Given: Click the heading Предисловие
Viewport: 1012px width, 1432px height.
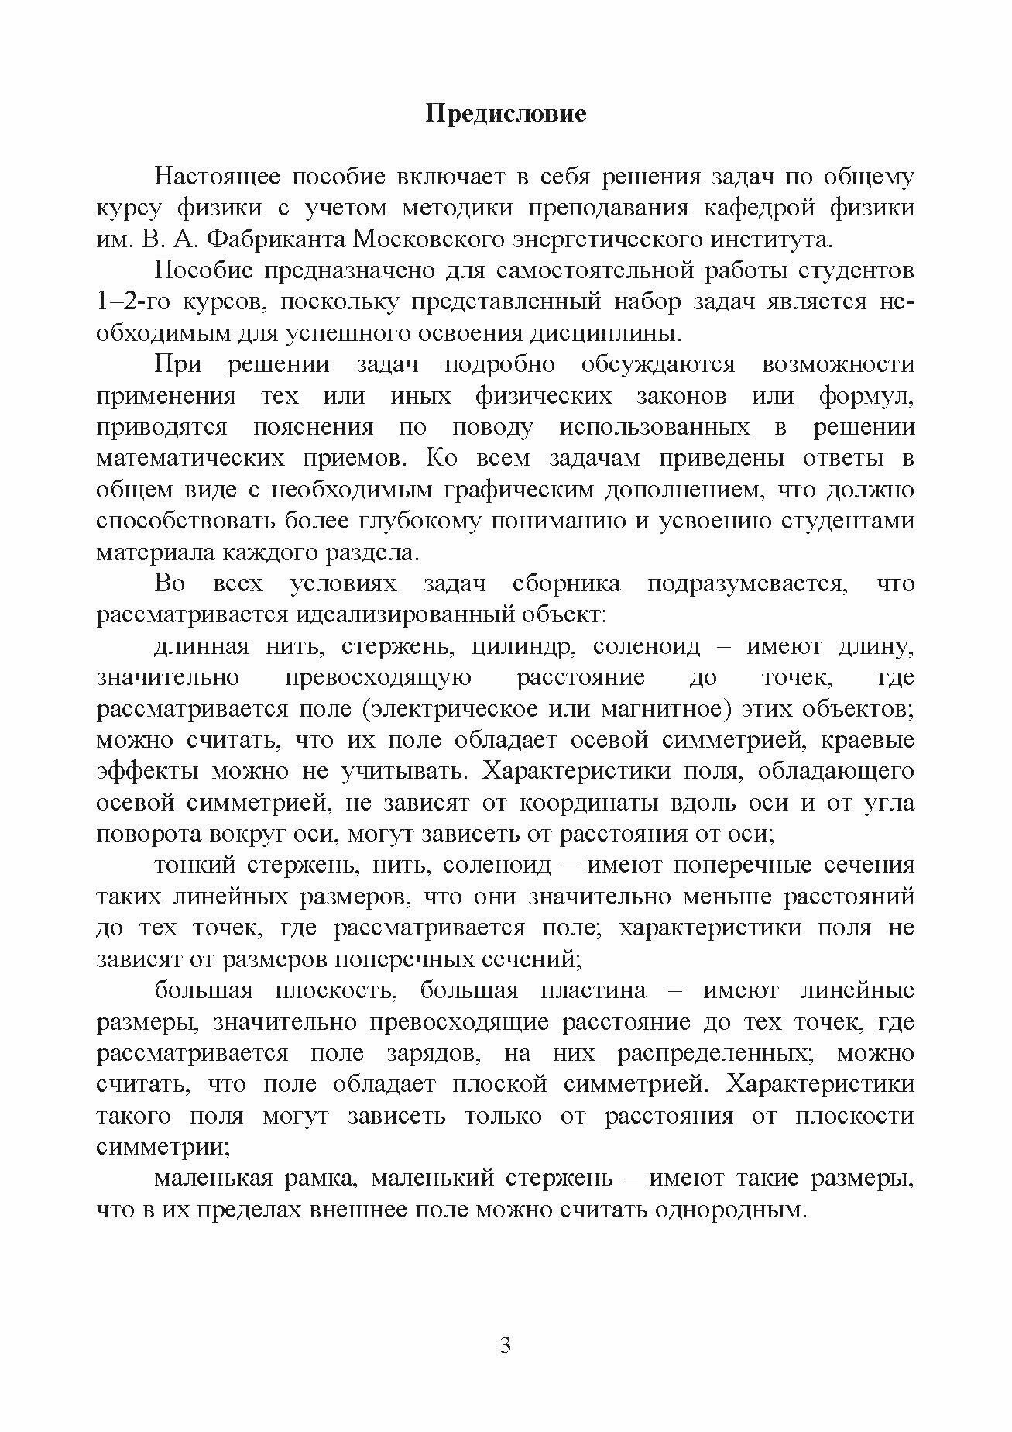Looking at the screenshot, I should [x=506, y=114].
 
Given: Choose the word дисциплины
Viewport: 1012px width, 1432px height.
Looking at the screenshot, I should [x=616, y=333].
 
